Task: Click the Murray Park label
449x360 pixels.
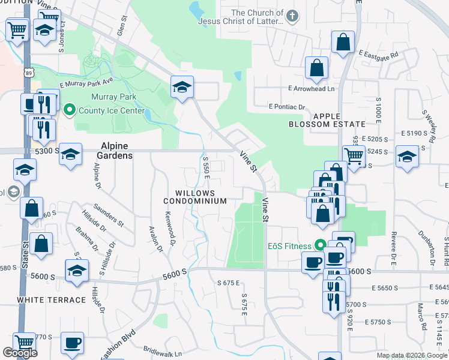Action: [113, 97]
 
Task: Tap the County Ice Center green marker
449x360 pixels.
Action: [69, 110]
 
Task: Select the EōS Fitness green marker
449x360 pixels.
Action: [320, 245]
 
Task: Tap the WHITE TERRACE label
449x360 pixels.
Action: [52, 299]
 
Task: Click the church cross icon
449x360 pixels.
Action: [292, 17]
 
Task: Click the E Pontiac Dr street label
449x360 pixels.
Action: [287, 107]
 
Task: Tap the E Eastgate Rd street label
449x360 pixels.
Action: [379, 55]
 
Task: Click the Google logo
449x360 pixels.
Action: [20, 353]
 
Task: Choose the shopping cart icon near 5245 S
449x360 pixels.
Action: [354, 156]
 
